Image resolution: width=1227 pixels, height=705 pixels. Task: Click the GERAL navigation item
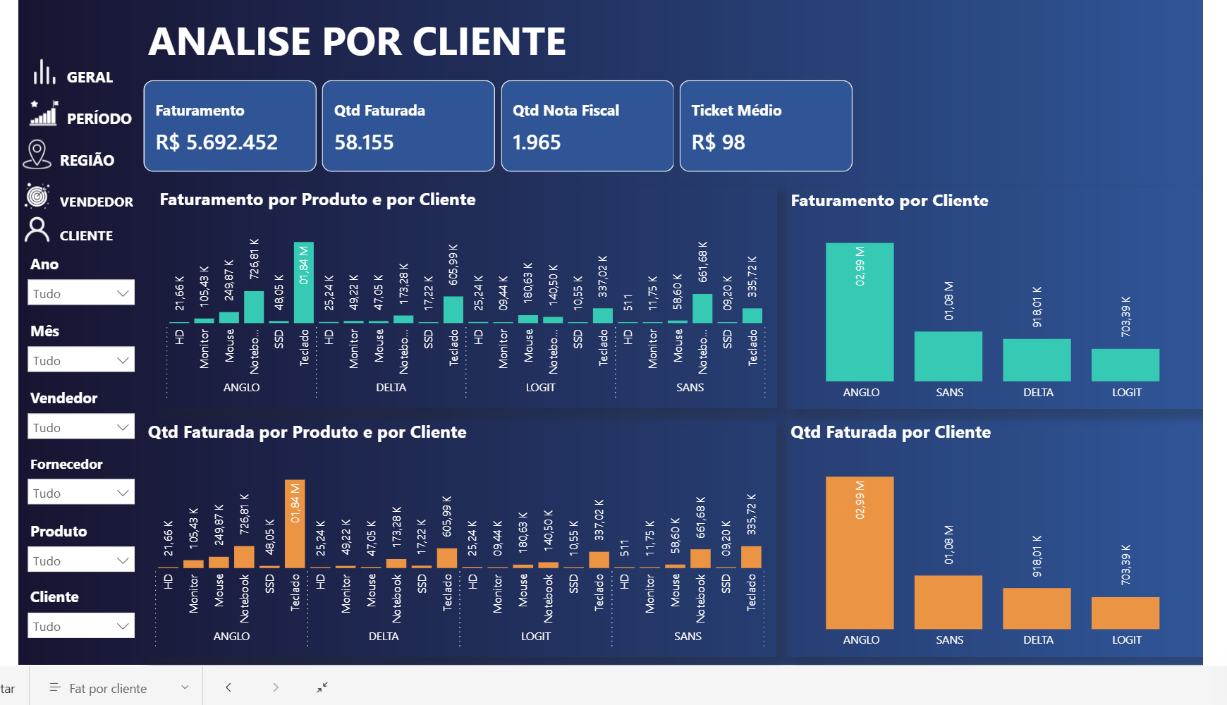[89, 77]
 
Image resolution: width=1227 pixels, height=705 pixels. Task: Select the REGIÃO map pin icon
[37, 154]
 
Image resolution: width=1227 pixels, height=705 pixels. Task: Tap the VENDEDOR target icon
[37, 196]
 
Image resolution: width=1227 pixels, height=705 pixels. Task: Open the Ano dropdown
[81, 293]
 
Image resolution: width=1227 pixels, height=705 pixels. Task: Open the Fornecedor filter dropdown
[81, 493]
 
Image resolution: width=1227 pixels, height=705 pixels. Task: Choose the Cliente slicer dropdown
[81, 626]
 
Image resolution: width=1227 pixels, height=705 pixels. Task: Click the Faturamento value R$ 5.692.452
[216, 142]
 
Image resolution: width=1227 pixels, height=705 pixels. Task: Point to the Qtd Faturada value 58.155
[364, 142]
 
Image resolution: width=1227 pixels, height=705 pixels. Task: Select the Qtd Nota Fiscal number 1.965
[537, 142]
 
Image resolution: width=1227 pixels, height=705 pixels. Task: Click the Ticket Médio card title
[736, 111]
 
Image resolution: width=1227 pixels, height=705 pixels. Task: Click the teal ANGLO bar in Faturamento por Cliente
[860, 312]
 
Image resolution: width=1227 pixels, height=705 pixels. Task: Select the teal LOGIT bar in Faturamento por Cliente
[1125, 365]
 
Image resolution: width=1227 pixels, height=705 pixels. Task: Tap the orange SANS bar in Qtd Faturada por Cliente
[948, 602]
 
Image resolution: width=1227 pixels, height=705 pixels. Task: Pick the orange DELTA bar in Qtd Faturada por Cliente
[1037, 608]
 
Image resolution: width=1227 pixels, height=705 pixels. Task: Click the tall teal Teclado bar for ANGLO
[304, 283]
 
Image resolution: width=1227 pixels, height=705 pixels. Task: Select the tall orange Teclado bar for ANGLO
[295, 524]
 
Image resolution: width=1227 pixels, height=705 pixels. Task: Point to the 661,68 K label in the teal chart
[702, 262]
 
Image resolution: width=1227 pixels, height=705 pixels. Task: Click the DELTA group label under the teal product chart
[391, 388]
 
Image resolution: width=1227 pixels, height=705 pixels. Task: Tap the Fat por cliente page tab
[108, 689]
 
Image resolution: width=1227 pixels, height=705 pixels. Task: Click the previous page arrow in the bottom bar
[228, 687]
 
